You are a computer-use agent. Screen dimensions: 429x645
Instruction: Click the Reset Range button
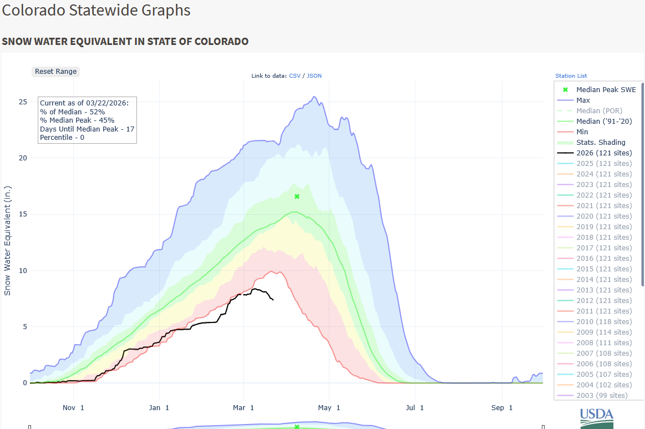coord(55,72)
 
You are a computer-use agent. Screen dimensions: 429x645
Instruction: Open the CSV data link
coord(294,75)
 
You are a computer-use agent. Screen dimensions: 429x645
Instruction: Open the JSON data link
coord(314,75)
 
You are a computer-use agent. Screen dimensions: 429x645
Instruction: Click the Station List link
coord(571,75)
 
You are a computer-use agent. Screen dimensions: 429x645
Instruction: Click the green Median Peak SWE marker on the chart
coord(297,196)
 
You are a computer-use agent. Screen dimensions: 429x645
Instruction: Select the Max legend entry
coord(583,100)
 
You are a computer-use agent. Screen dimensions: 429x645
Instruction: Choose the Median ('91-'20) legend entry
coord(604,122)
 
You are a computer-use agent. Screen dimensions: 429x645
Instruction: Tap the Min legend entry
coord(582,132)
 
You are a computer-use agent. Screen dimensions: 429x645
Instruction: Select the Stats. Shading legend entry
coord(601,143)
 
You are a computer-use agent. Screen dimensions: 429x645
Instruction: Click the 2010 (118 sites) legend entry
coord(603,322)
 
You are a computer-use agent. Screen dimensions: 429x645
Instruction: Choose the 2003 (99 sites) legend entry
coord(602,396)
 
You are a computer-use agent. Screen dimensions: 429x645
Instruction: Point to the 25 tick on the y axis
coord(23,102)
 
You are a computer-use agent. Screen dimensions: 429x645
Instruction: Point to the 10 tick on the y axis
coord(23,271)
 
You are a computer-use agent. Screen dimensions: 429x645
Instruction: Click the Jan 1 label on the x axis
coord(159,408)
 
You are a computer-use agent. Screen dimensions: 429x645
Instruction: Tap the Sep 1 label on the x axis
coord(502,408)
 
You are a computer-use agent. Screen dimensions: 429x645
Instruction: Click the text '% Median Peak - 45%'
coord(77,120)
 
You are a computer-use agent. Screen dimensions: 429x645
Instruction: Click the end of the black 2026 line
coord(273,300)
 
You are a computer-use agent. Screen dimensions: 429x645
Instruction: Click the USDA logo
coord(597,417)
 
